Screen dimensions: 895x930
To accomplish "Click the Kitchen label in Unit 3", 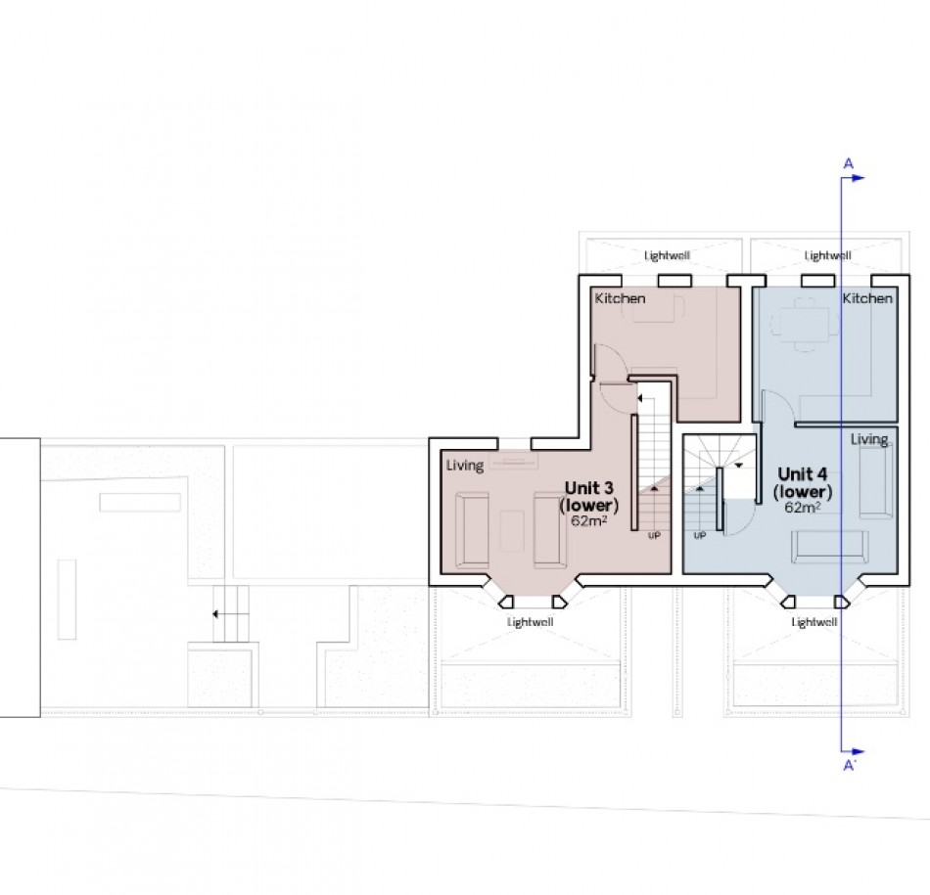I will (620, 298).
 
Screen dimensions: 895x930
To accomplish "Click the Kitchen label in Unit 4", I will (867, 298).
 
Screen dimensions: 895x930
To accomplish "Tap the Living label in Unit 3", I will (465, 466).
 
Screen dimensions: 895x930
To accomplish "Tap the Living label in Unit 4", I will (868, 439).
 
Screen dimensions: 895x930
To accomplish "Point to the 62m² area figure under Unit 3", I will (590, 520).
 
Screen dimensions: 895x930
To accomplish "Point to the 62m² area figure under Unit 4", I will (802, 508).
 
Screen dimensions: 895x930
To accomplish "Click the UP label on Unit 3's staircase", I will (653, 536).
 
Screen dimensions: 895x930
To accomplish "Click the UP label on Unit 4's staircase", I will (700, 536).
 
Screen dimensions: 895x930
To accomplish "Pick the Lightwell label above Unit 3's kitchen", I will (666, 256).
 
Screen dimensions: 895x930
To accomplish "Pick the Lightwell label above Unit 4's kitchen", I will (827, 256).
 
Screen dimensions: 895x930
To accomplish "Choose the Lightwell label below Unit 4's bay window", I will (814, 622).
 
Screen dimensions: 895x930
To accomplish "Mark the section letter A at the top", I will (848, 162).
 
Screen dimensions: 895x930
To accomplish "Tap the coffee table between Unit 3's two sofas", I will (510, 529).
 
